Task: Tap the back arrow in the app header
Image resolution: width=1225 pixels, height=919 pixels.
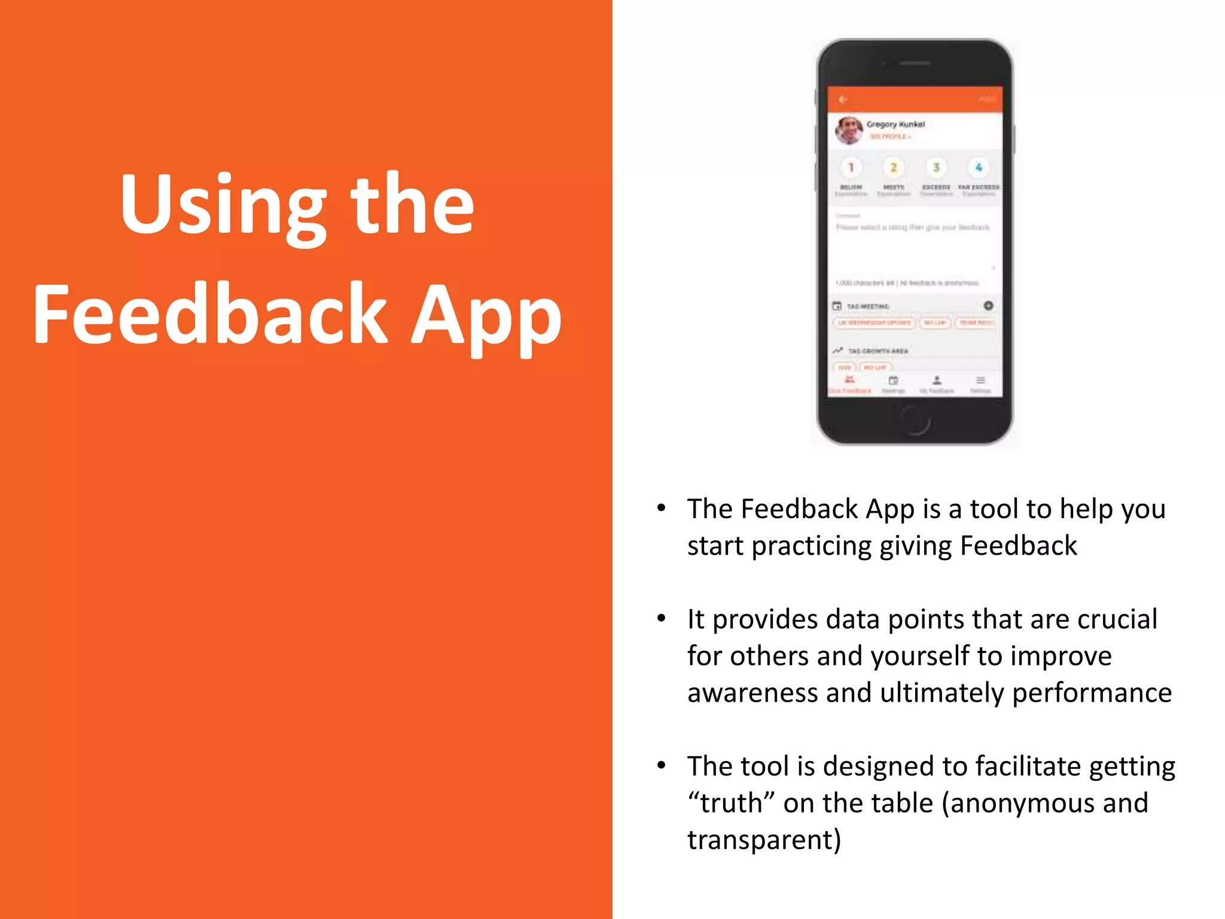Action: pos(843,99)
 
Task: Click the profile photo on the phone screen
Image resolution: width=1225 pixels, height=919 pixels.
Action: pos(849,130)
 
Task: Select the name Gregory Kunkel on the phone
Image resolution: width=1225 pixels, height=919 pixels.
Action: pos(895,124)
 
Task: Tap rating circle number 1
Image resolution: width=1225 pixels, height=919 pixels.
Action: pos(851,168)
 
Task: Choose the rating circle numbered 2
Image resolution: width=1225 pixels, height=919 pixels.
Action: pos(894,168)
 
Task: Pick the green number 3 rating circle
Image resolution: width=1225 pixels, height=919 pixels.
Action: pos(936,168)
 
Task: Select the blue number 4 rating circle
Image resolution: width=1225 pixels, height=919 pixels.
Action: pos(979,168)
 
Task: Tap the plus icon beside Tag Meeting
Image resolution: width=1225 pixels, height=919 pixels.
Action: pos(989,306)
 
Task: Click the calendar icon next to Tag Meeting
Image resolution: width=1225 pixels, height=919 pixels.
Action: pos(837,306)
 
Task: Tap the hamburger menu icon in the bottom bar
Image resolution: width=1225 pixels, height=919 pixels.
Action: pos(980,381)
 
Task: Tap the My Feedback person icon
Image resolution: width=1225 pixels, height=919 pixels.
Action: pos(937,381)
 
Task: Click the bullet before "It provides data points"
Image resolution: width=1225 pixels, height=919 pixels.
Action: pos(661,618)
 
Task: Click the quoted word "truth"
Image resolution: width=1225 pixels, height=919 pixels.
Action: pos(731,803)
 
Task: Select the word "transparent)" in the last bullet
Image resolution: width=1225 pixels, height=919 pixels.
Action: pos(764,840)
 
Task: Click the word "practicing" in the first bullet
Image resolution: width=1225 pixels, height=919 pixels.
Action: pos(811,546)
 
